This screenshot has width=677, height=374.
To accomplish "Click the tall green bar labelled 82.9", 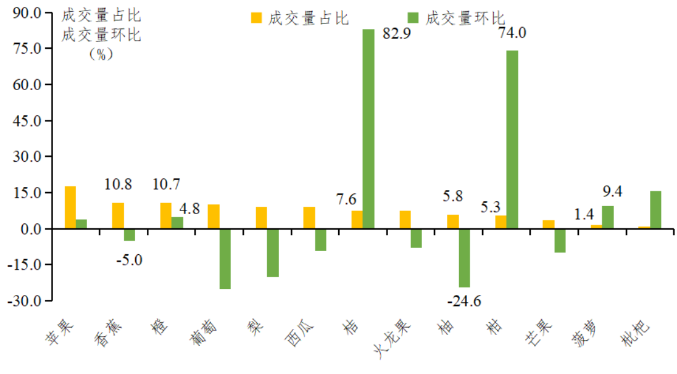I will pyautogui.click(x=368, y=129).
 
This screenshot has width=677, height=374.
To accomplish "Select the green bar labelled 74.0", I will pyautogui.click(x=512, y=139).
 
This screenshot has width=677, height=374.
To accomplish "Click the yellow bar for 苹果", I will pyautogui.click(x=70, y=207).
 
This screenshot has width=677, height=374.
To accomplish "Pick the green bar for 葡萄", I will pyautogui.click(x=225, y=259).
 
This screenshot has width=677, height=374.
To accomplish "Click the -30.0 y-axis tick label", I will pyautogui.click(x=25, y=301).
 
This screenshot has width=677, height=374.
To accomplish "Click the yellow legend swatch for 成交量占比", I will pyautogui.click(x=256, y=18).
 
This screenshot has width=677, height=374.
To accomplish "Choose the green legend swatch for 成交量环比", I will pyautogui.click(x=413, y=18).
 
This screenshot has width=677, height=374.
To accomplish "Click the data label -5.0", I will pyautogui.click(x=129, y=260).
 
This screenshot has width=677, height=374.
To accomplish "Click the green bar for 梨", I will pyautogui.click(x=273, y=253).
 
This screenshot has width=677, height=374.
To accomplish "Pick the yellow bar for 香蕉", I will pyautogui.click(x=118, y=216).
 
